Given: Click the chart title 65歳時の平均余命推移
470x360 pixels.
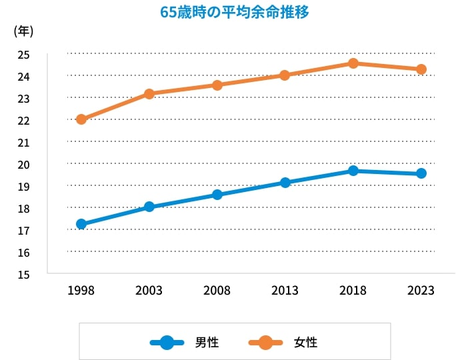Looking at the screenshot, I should [235, 12].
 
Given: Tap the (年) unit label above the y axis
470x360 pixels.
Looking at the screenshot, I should [23, 31].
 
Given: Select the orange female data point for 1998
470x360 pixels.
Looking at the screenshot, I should [81, 119].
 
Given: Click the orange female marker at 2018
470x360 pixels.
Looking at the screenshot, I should [353, 63].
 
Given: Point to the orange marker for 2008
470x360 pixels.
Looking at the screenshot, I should [217, 85].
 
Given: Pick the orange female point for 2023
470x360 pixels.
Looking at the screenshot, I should [421, 69].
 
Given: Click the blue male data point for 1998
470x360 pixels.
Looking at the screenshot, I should [81, 224].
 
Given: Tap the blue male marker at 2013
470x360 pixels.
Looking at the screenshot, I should [285, 183].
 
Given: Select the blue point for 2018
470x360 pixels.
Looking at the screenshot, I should [353, 171].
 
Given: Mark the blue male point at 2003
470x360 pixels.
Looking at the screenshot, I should [149, 207].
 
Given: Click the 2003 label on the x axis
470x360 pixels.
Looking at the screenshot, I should [149, 291].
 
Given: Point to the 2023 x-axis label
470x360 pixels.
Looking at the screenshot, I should [421, 291].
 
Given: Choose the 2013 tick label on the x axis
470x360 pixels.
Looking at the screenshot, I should [285, 291].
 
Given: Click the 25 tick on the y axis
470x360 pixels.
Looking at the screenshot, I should [23, 55].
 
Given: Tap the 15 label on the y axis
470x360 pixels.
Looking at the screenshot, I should [23, 274].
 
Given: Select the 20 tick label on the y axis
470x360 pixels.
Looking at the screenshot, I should [23, 165].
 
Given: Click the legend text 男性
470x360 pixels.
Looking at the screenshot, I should [207, 343].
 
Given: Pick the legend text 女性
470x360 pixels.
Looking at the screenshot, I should [305, 343].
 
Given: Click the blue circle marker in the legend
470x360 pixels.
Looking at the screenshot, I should [167, 343].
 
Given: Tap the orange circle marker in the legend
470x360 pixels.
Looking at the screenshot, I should [266, 343].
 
